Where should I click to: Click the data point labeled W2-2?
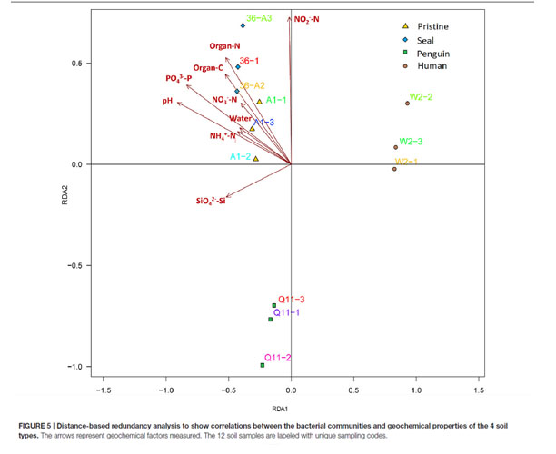pyautogui.click(x=407, y=103)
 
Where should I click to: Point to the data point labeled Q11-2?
pyautogui.click(x=262, y=365)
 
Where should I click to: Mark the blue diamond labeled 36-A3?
pyautogui.click(x=243, y=25)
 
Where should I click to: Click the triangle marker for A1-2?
pyautogui.click(x=256, y=159)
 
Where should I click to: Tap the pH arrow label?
pyautogui.click(x=167, y=102)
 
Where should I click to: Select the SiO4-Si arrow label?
pyautogui.click(x=210, y=200)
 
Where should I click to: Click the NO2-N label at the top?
pyautogui.click(x=307, y=18)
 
